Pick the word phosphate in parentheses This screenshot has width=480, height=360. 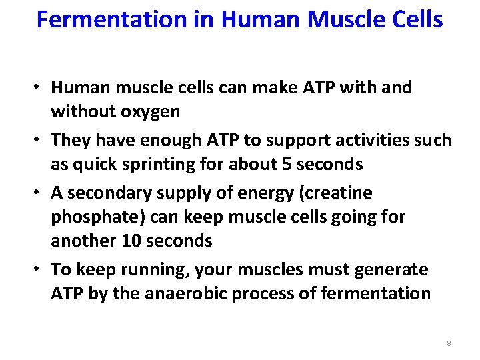point(97,217)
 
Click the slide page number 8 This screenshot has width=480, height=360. point(449,343)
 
